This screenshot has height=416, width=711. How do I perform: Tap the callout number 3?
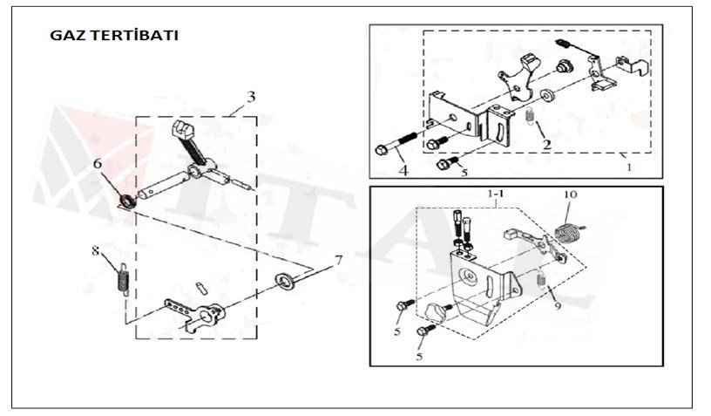pos(250,96)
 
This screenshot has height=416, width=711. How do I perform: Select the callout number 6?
pos(98,163)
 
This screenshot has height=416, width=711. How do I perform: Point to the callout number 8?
pos(96,251)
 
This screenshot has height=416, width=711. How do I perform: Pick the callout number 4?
pos(404,171)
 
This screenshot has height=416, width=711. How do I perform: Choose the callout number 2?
pos(546,144)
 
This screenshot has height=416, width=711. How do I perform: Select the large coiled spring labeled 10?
pos(568,233)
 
